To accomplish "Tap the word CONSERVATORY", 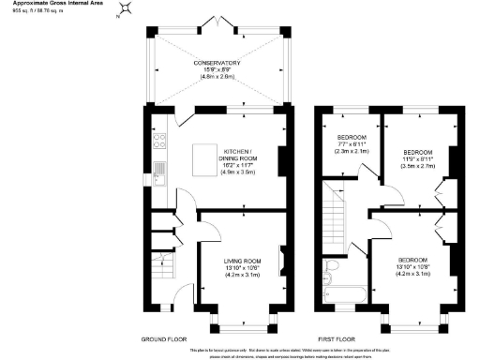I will (217, 64).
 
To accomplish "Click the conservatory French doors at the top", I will (217, 20).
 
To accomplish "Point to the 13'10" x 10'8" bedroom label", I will (412, 264).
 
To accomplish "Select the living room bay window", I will (240, 322).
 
